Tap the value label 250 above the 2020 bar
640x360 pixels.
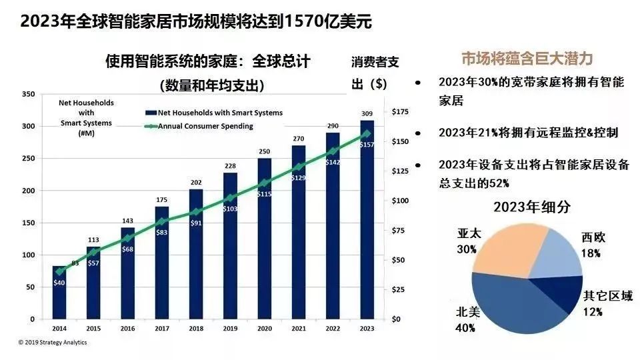pos(265,151)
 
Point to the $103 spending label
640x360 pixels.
pos(231,209)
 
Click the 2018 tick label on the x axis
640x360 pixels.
pos(196,328)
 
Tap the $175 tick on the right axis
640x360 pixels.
pos(401,112)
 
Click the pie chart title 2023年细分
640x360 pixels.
pos(532,207)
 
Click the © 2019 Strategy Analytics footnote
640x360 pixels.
pos(52,343)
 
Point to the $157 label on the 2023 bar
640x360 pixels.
pos(367,145)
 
